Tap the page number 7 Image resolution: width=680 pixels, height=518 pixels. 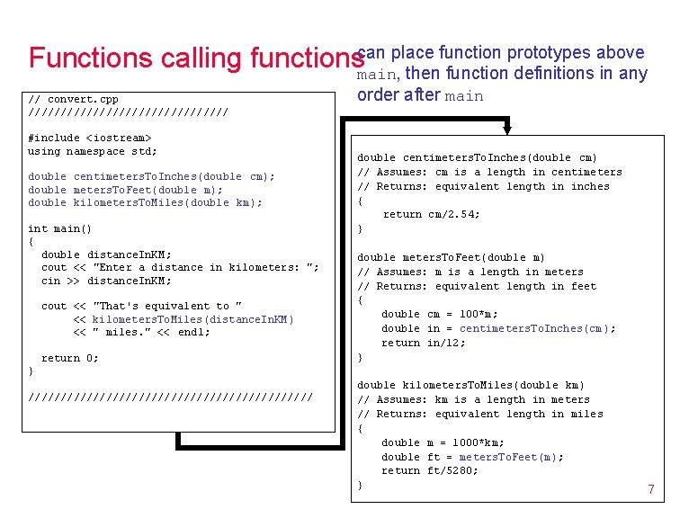(x=650, y=489)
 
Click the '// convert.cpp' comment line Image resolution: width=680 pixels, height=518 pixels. (x=74, y=99)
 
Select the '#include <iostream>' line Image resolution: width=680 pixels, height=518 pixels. (x=90, y=138)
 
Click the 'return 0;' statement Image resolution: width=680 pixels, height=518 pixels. (x=70, y=358)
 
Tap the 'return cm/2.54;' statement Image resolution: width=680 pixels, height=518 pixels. (x=431, y=214)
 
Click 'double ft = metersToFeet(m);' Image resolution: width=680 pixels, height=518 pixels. (x=472, y=457)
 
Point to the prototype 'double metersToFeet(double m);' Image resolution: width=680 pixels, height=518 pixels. (x=125, y=190)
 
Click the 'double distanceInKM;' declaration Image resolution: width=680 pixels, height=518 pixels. (x=106, y=255)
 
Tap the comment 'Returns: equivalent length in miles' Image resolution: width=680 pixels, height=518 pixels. (x=480, y=414)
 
